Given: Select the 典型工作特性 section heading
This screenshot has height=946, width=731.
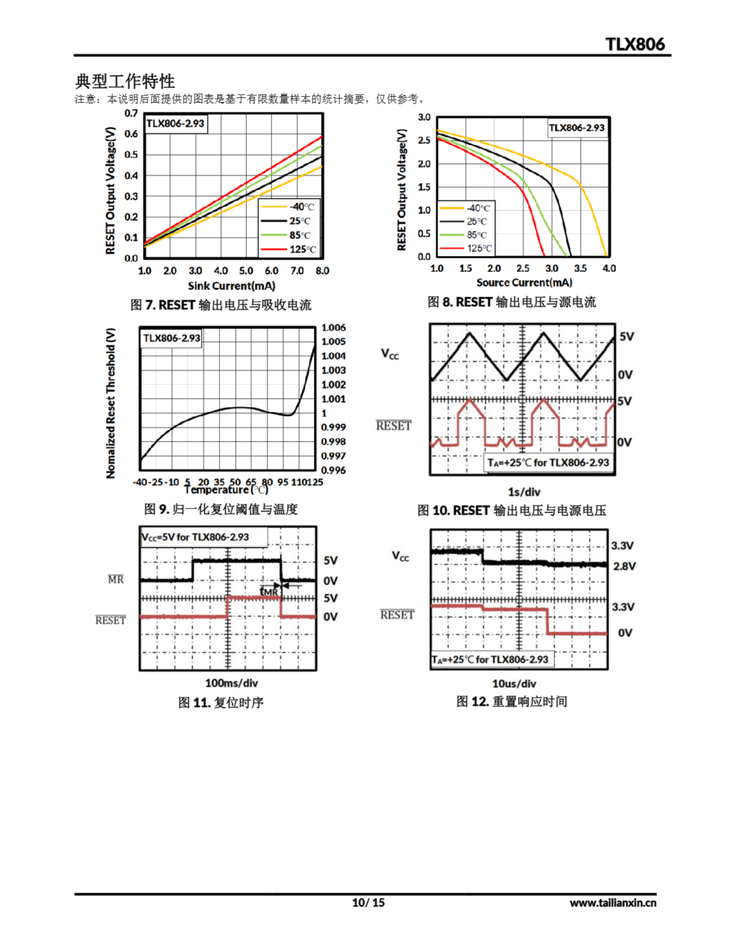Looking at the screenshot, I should [125, 81].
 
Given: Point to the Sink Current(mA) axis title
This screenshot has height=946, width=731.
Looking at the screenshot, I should [231, 286].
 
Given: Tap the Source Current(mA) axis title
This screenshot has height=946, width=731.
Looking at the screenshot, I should [524, 283].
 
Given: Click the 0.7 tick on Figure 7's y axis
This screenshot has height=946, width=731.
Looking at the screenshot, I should [131, 113].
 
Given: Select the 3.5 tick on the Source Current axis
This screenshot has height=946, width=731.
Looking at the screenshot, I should [580, 269].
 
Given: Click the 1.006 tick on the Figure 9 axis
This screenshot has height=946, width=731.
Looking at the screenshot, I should [333, 328].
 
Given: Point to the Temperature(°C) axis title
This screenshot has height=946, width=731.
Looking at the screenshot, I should [226, 490].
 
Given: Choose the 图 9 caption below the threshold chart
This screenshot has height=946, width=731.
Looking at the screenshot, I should [221, 509].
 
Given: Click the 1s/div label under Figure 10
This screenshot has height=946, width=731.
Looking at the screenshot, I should [524, 492].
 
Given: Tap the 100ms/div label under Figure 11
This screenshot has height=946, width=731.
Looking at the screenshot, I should [231, 683].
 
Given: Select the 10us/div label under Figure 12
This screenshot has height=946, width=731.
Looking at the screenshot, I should [514, 684].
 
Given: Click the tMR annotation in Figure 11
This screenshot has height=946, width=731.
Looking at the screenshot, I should [269, 591].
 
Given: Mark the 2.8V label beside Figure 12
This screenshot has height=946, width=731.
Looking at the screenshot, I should [624, 566].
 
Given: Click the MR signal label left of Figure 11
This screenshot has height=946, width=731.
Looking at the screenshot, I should [116, 579].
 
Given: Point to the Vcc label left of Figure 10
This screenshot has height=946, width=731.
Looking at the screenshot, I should [390, 354].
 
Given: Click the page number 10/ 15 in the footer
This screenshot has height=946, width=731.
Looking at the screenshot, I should [368, 902].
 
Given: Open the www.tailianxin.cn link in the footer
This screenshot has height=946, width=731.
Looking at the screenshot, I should [613, 903].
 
